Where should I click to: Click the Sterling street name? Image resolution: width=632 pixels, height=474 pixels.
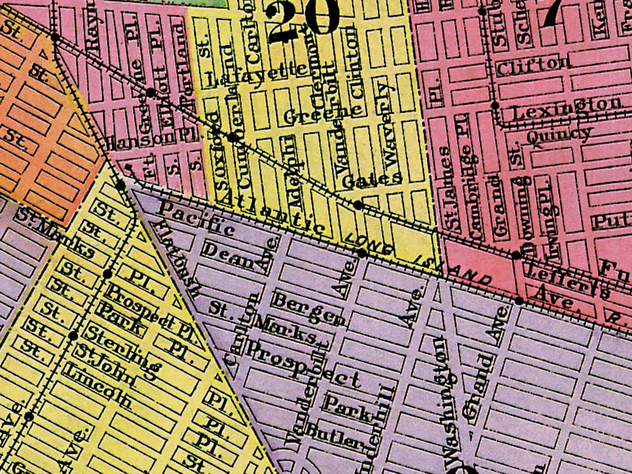click(x=121, y=351)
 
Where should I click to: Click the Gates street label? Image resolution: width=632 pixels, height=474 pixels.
click(x=372, y=181)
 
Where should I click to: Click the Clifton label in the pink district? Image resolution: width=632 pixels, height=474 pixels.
click(x=534, y=64)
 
